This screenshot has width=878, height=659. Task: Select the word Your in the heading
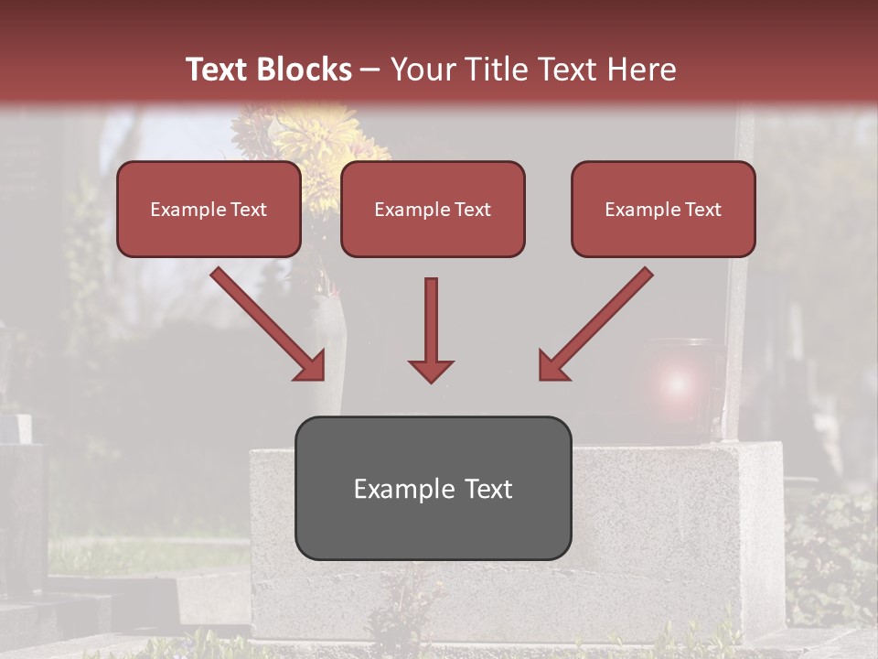pos(422,70)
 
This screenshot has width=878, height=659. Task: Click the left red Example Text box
pos(209,209)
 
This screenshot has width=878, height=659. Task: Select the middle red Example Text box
pos(433,209)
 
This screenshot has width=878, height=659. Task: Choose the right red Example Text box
pos(663,209)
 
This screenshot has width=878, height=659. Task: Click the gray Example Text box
pos(433,488)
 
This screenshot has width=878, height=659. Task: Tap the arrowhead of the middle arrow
pos(431,370)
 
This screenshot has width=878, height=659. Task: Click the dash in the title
pos(370,70)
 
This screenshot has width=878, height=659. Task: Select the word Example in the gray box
pos(396,489)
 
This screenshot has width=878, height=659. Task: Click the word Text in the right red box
pos(702,210)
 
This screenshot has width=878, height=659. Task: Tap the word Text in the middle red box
pos(472,210)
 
